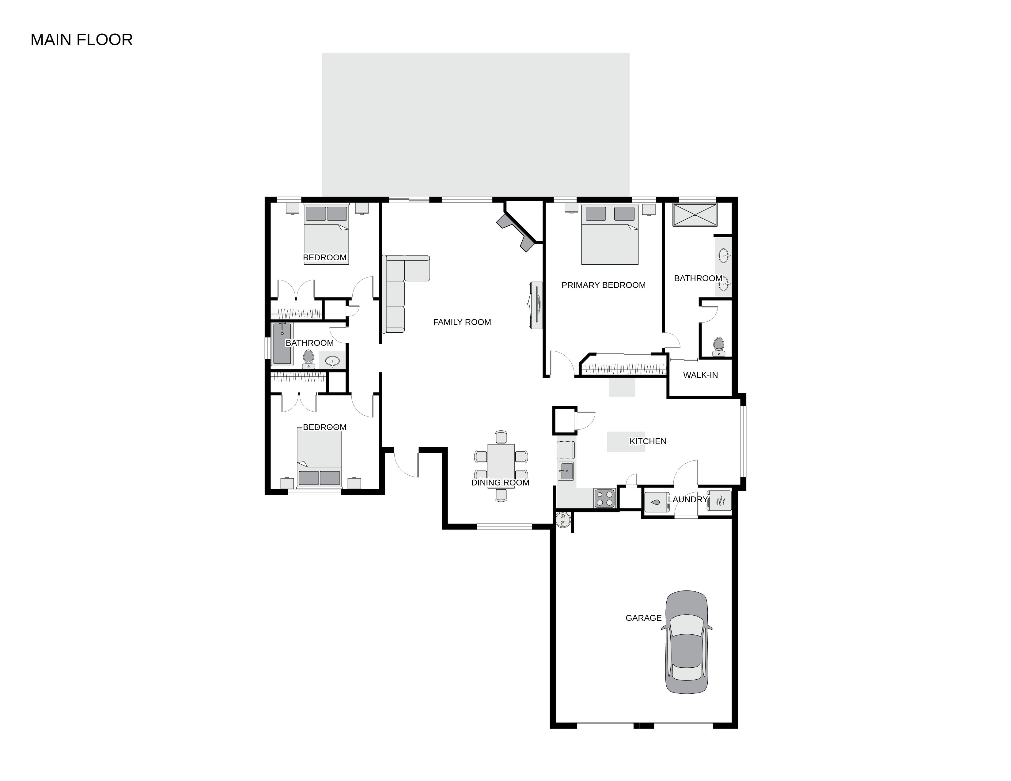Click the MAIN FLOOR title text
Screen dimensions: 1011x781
click(81, 40)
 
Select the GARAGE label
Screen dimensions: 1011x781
click(643, 618)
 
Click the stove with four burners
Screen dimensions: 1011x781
click(604, 499)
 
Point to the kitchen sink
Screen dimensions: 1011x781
click(565, 471)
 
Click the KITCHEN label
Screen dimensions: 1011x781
click(648, 441)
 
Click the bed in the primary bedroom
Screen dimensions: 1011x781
click(610, 234)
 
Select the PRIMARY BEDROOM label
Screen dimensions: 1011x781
click(603, 285)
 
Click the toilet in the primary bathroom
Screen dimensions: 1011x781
click(718, 346)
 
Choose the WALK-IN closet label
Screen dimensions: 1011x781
click(700, 375)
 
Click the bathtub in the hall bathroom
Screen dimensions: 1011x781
click(282, 343)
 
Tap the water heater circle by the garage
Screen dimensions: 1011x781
click(563, 520)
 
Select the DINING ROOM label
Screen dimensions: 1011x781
click(500, 483)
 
